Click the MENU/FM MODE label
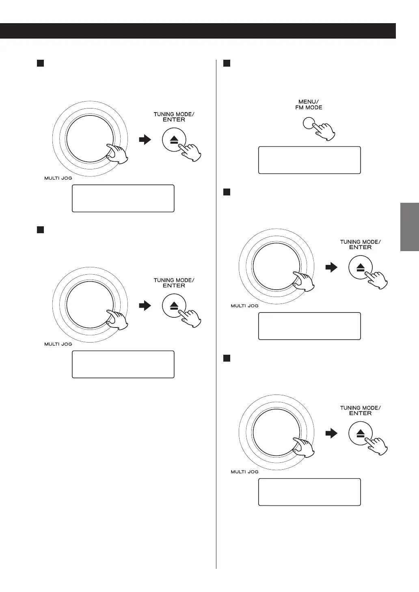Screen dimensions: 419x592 coord(309,104)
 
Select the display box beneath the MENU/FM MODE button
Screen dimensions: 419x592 coord(309,160)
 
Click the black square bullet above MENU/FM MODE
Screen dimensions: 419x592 coord(227,63)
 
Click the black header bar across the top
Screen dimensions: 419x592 coord(198,30)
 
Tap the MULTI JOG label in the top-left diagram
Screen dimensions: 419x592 coord(58,178)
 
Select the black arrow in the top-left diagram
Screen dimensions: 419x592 coord(144,140)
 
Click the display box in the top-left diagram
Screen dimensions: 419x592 coord(123,198)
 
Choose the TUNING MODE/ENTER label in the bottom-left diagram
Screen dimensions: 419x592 coord(174,283)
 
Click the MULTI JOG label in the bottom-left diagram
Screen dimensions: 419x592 coord(58,344)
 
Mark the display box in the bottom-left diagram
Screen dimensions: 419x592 coord(123,364)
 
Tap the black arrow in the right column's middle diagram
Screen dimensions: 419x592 coord(331,268)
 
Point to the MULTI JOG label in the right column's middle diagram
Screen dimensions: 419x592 coord(244,306)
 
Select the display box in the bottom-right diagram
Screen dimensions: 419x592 coord(309,492)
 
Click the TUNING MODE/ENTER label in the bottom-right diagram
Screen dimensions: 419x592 coord(360,410)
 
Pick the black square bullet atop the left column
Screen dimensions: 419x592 coord(40,63)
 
